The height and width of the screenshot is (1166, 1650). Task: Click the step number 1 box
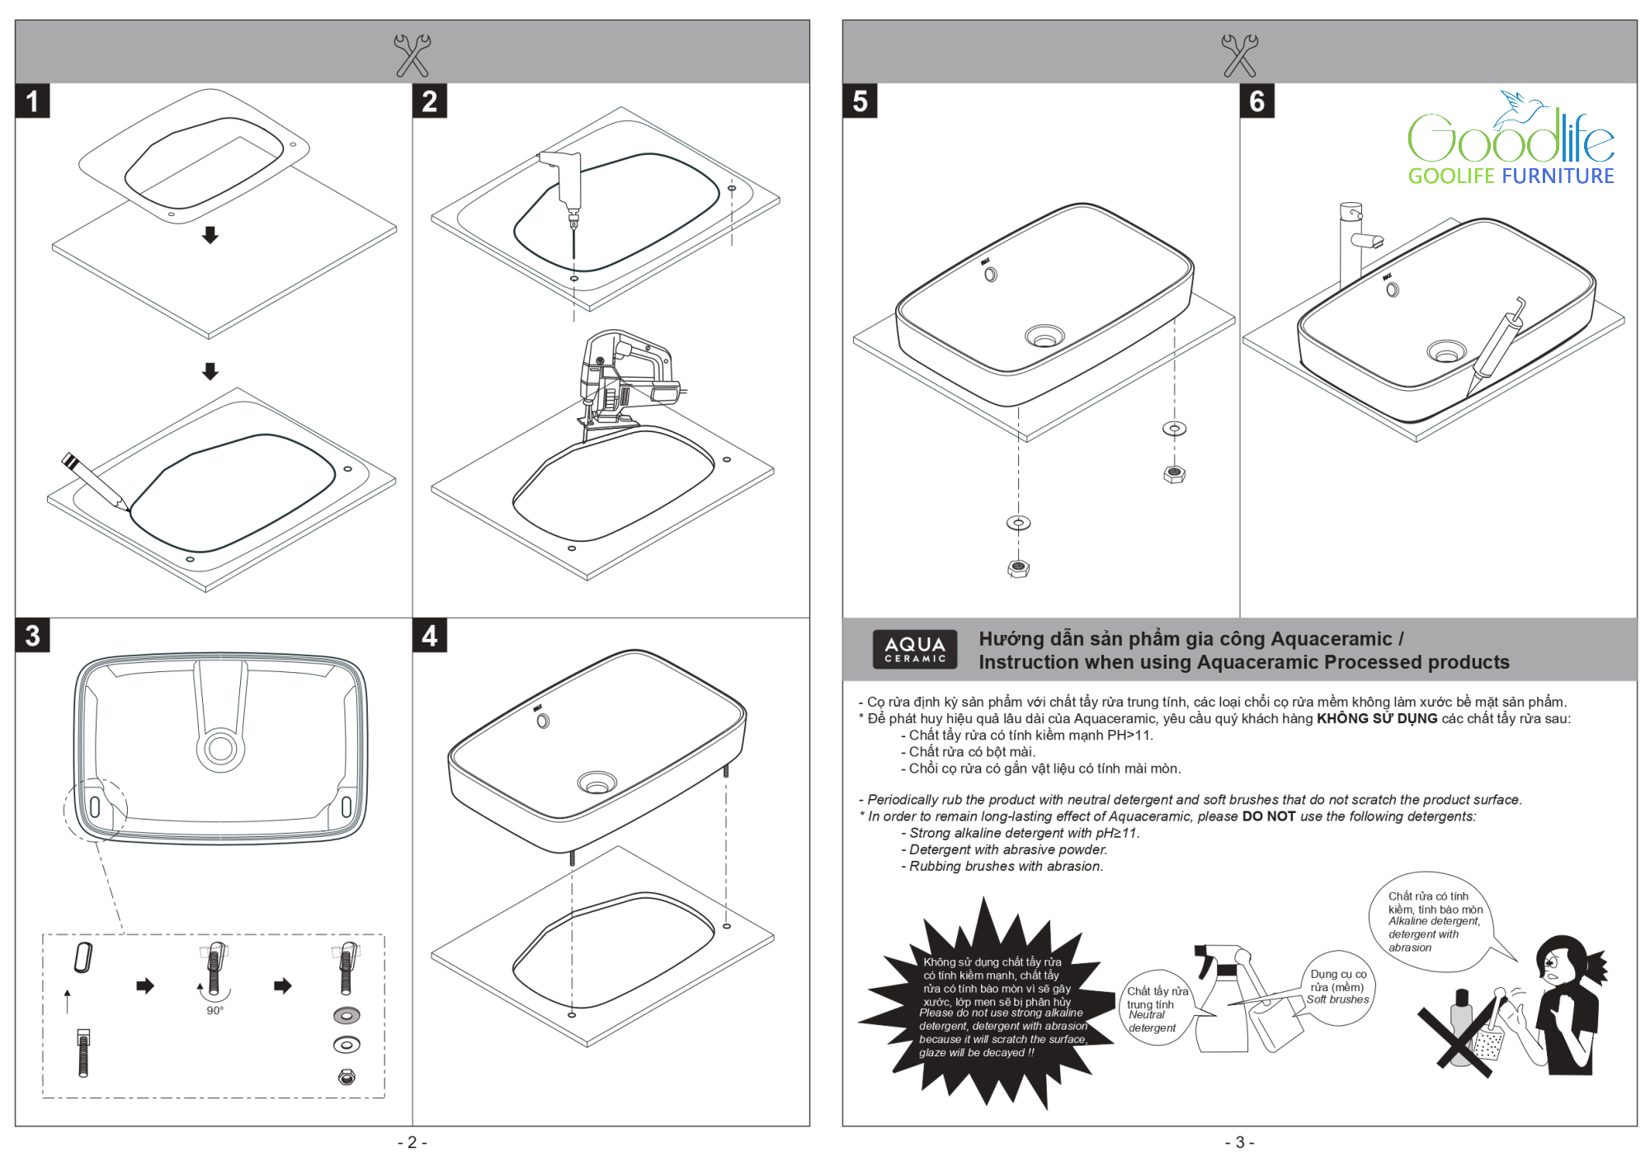tap(32, 101)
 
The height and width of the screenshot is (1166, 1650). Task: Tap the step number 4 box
tap(429, 635)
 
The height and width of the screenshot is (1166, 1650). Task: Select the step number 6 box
tap(1256, 101)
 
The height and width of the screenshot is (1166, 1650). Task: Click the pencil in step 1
tap(93, 479)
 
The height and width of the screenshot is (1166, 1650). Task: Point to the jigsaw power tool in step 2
tap(623, 379)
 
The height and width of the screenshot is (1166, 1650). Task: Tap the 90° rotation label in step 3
tap(214, 1010)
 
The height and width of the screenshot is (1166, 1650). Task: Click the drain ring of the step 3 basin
tap(220, 748)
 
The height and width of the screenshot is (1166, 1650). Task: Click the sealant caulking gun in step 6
tap(1497, 346)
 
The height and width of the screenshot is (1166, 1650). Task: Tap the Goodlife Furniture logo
tap(1511, 140)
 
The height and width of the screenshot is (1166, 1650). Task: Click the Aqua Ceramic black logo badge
tap(915, 649)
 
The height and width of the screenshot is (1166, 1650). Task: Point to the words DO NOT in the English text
tap(1269, 816)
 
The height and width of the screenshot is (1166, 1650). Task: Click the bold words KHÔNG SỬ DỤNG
tap(1376, 718)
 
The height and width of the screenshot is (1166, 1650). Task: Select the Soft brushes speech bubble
tap(1338, 987)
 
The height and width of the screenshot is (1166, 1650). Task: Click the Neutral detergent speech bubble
tap(1155, 1008)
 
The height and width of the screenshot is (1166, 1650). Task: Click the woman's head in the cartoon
tap(1562, 961)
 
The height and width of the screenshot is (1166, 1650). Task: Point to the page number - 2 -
tap(412, 1142)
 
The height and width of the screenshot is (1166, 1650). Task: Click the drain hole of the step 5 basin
tap(1044, 336)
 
